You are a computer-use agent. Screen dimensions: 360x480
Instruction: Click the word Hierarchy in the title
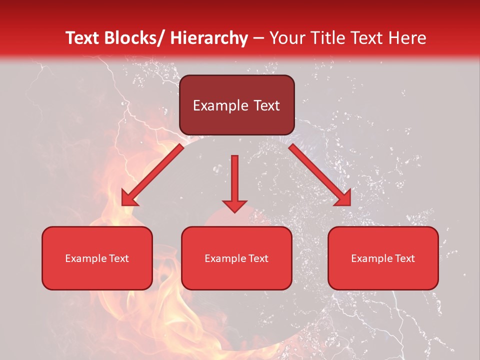[x=209, y=38]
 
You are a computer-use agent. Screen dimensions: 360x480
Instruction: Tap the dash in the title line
[x=258, y=38]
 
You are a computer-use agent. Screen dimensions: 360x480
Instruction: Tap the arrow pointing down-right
[x=320, y=174]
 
